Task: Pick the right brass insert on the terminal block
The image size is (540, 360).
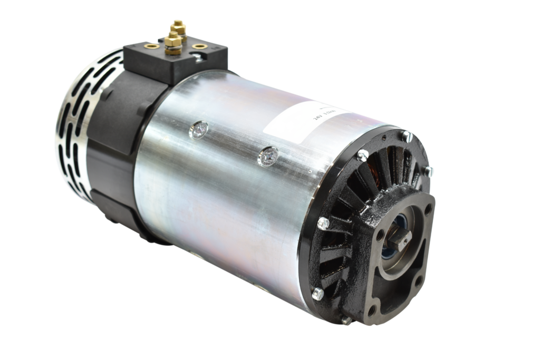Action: click(199, 46)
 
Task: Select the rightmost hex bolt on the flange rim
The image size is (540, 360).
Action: click(429, 170)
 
